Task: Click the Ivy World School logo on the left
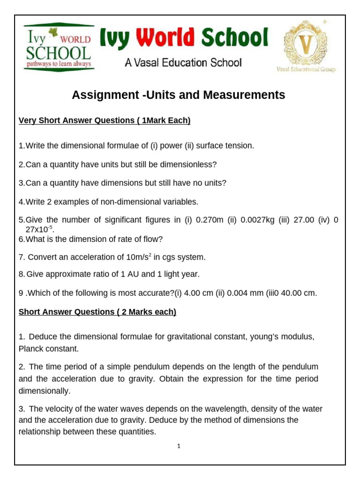tap(58, 47)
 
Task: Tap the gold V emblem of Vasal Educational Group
tap(305, 45)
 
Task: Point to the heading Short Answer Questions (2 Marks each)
tap(97, 312)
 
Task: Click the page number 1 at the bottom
tap(180, 446)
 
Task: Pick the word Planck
tap(31, 348)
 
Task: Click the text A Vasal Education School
tap(183, 63)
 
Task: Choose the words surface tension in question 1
tap(226, 146)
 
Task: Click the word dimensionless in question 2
tap(189, 165)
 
